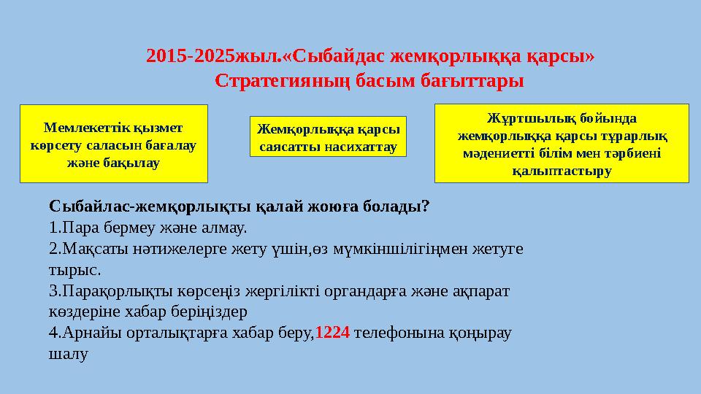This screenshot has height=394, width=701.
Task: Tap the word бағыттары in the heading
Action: pyautogui.click(x=475, y=80)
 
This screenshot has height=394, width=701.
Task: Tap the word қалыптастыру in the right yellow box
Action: pyautogui.click(x=562, y=171)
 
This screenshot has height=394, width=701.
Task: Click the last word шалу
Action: pyautogui.click(x=66, y=355)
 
